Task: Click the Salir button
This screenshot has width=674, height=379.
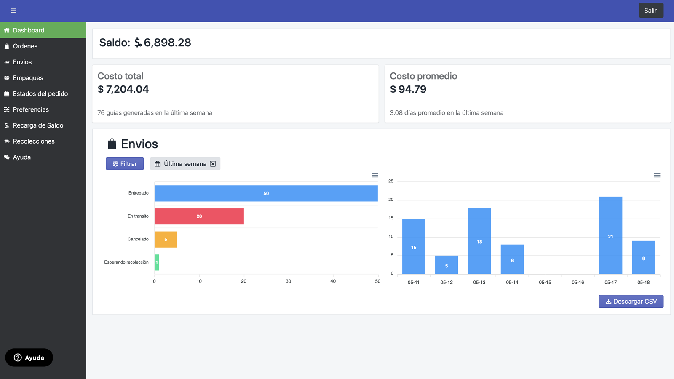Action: tap(651, 11)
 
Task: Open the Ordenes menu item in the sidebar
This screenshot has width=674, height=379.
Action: tap(25, 46)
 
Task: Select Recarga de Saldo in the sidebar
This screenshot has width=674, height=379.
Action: tap(38, 125)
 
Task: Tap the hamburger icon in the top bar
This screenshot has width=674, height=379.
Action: tap(13, 11)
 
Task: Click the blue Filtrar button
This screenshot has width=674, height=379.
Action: tap(125, 164)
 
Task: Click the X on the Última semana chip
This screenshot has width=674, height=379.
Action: tap(213, 164)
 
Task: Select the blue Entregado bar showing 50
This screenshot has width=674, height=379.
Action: tap(266, 193)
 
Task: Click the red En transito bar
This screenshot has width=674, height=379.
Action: tap(199, 216)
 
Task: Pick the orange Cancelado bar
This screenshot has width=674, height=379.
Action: tap(166, 239)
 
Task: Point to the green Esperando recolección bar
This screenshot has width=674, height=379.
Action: tap(157, 262)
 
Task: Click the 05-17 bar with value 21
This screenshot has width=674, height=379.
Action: tap(610, 236)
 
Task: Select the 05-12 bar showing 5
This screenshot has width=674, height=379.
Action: tap(447, 265)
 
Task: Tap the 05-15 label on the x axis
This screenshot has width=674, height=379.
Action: tap(545, 283)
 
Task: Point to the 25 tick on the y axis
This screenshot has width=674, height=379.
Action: tap(391, 181)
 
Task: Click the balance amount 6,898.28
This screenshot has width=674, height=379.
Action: tap(167, 43)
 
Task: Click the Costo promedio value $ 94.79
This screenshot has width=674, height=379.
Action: tap(408, 89)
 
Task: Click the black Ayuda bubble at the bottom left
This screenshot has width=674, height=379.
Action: tap(29, 358)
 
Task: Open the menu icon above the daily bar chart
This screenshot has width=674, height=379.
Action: tap(657, 175)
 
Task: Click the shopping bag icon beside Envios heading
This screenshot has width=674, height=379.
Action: tap(112, 144)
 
